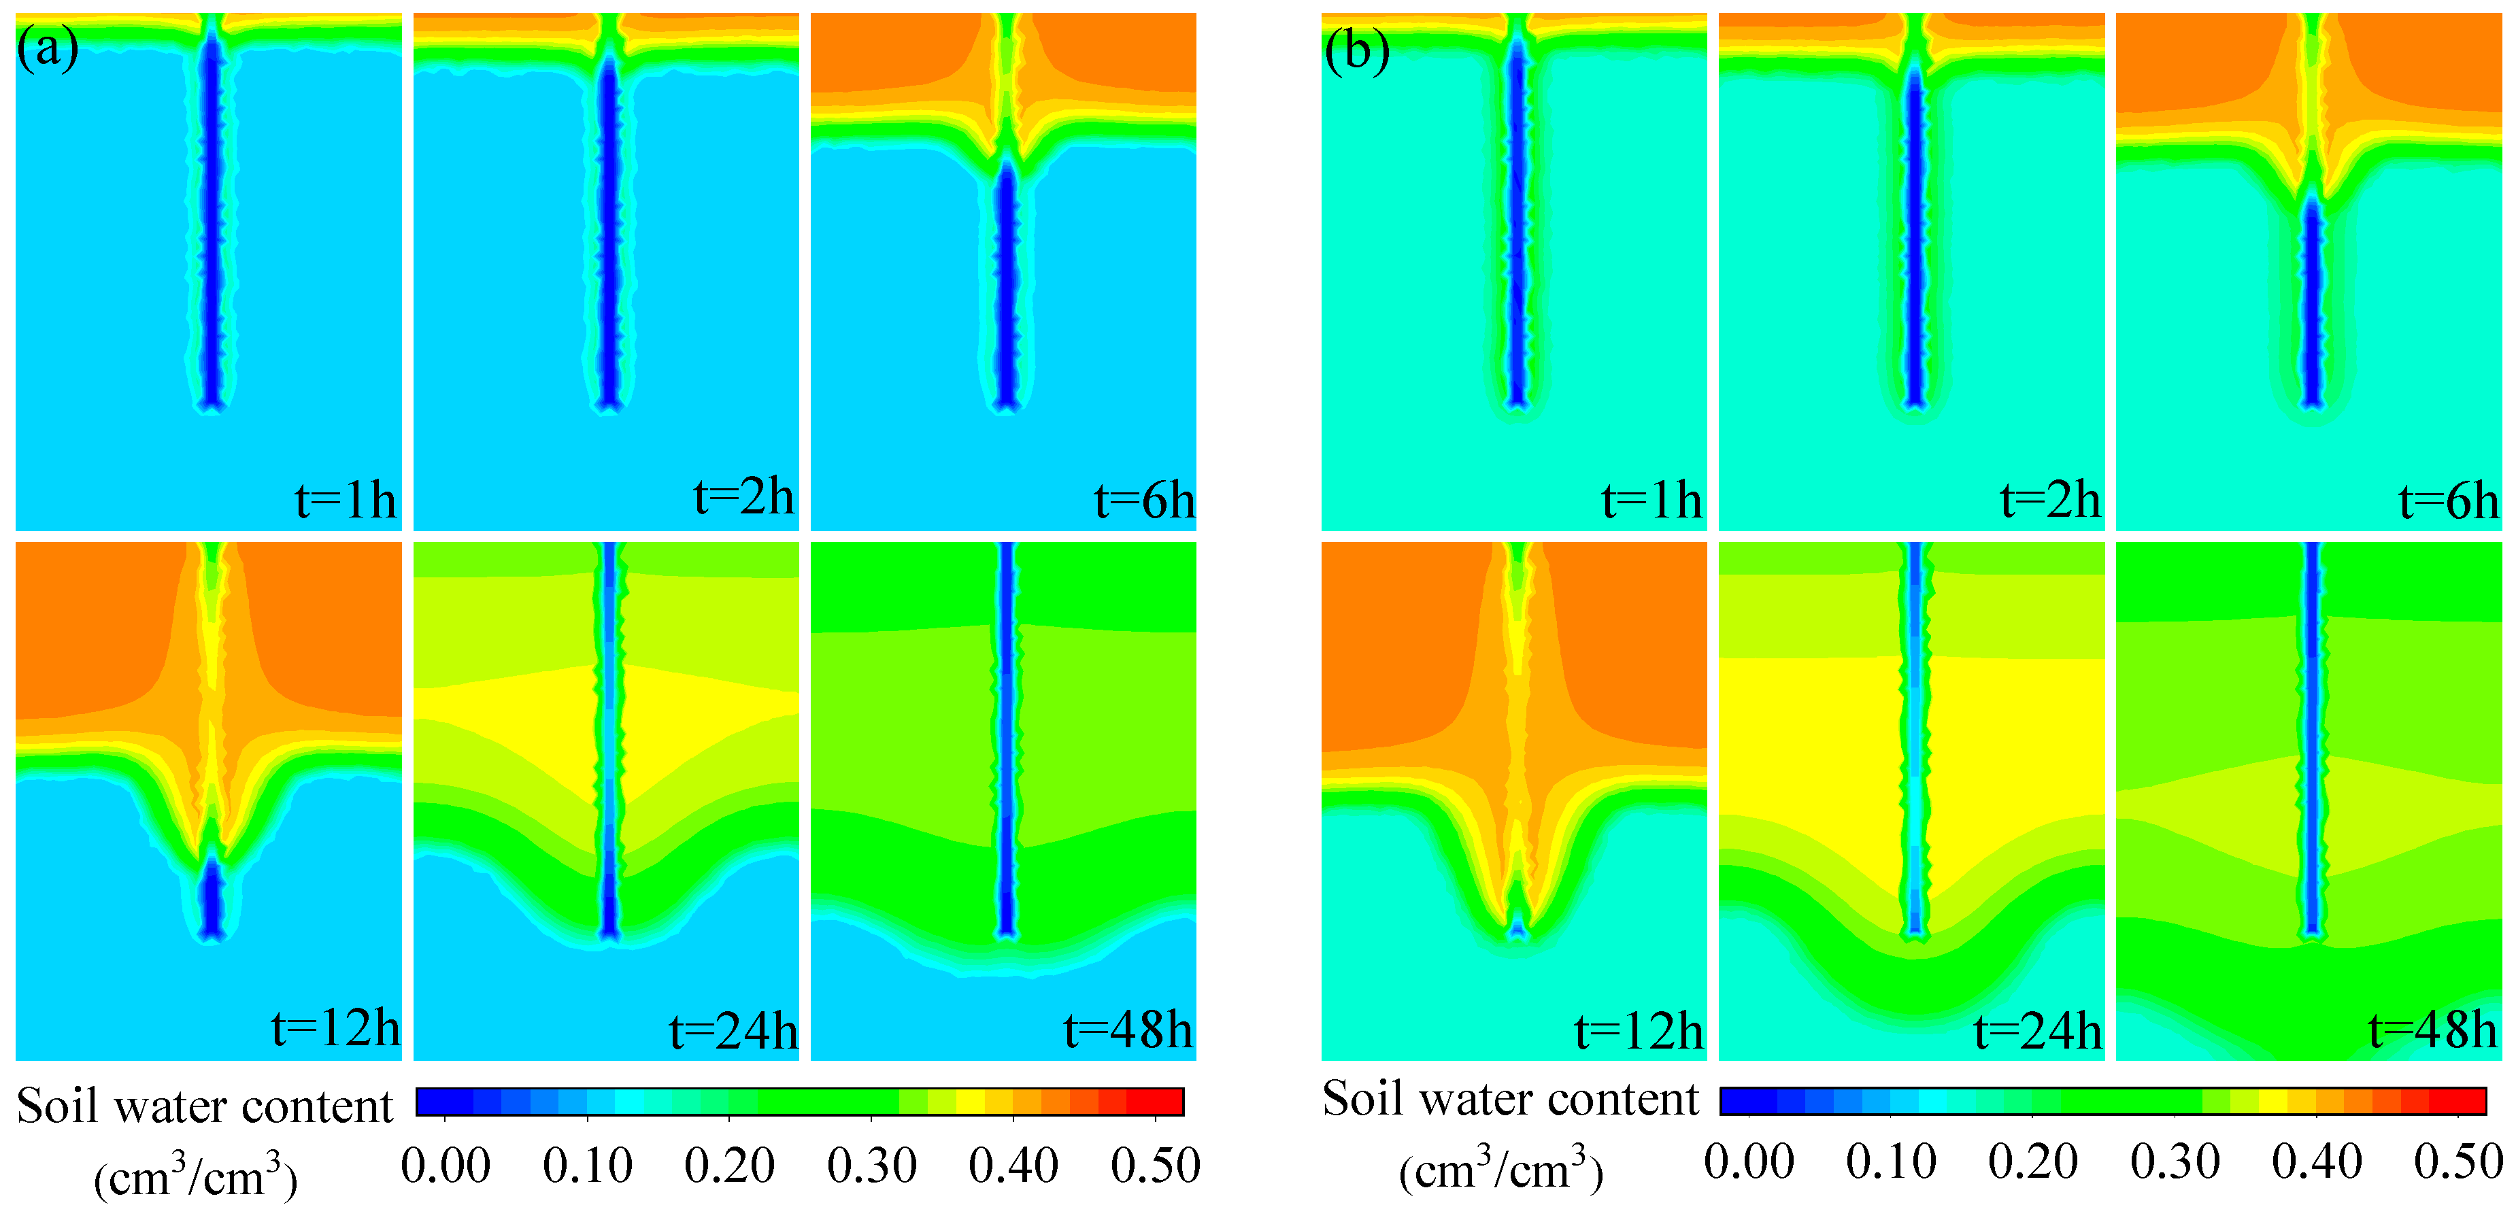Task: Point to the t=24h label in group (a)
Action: [733, 1030]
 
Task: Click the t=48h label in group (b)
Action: [2432, 1030]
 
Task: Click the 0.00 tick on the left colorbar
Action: [446, 1166]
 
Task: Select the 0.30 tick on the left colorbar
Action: [871, 1166]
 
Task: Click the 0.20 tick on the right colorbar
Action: [2032, 1161]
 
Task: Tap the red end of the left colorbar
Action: [1167, 1102]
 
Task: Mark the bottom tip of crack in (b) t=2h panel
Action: [1914, 401]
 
